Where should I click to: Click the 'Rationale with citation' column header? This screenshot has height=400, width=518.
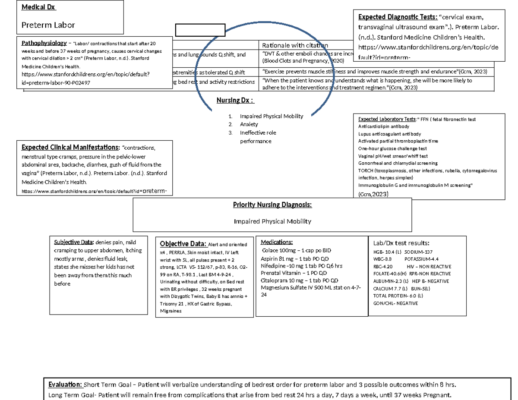tap(295, 45)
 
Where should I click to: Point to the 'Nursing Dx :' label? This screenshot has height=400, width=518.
tap(235, 101)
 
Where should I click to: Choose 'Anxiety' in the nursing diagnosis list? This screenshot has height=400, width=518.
tap(249, 124)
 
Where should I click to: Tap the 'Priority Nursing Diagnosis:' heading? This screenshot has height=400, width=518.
tap(272, 205)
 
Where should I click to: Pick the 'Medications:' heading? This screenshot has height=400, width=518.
tap(277, 242)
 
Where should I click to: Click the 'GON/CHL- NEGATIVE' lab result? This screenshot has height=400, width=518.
tap(395, 303)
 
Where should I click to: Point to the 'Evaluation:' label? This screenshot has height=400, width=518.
tap(65, 384)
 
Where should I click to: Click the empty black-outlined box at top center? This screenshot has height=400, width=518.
tap(200, 30)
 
